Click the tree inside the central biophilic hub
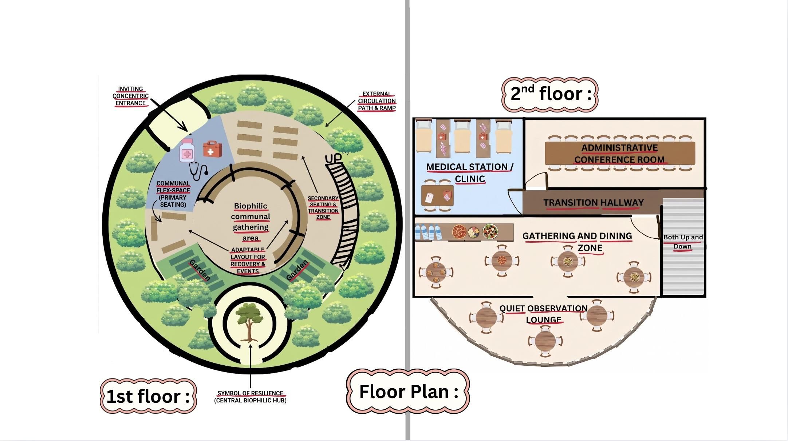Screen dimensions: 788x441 249,322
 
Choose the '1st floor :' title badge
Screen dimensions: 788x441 148,396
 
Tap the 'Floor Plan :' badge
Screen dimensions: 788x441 408,392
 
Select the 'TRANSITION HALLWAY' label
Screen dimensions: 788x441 594,203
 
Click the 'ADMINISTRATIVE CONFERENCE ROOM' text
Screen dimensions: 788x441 619,154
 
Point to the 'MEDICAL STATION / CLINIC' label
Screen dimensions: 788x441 470,173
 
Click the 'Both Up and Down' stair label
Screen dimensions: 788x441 683,242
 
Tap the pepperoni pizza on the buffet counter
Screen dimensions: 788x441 459,231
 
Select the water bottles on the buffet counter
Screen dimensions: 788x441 428,232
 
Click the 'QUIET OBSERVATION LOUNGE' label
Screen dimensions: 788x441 544,314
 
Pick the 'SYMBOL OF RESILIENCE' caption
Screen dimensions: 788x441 250,393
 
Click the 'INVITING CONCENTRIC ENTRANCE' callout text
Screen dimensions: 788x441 130,96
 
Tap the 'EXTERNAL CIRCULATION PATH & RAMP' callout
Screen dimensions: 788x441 377,101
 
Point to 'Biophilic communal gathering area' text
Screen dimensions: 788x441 251,222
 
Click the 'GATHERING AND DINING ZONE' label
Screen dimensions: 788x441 577,242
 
